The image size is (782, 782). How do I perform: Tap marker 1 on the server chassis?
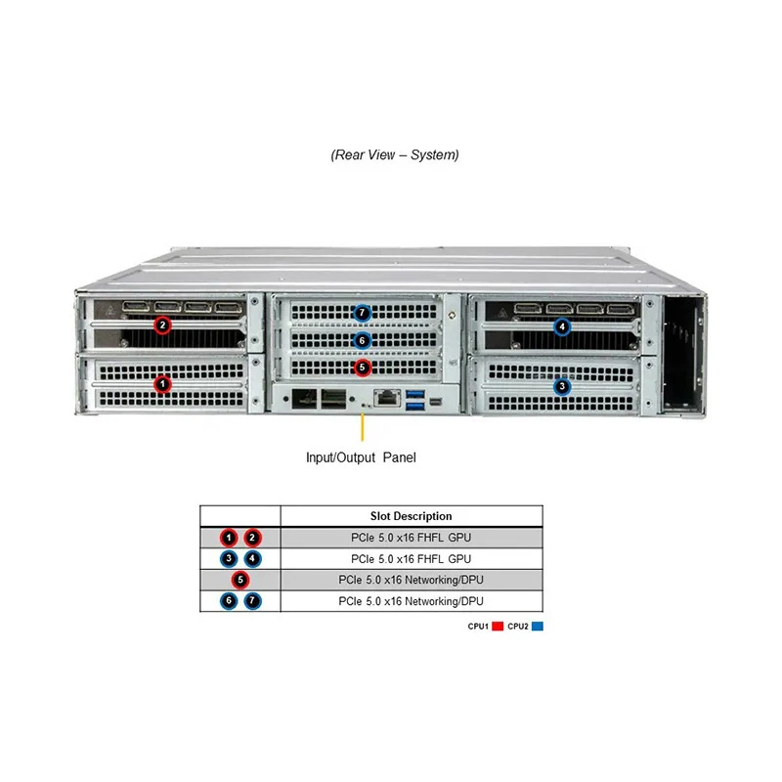click(x=163, y=385)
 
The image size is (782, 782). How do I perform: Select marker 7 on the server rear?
click(x=363, y=314)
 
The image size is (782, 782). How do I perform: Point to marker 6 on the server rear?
click(x=363, y=340)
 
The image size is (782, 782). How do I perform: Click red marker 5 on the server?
click(x=363, y=368)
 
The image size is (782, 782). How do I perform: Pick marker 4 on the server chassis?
click(x=562, y=326)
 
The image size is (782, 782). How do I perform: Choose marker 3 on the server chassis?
click(x=562, y=386)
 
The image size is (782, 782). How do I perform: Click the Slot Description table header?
click(x=411, y=516)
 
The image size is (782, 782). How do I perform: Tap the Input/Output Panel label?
click(x=361, y=457)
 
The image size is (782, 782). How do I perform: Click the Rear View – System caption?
click(x=395, y=154)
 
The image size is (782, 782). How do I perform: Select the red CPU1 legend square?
click(x=497, y=626)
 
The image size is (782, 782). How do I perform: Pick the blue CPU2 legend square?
click(x=538, y=626)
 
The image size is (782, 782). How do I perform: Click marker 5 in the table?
click(x=240, y=580)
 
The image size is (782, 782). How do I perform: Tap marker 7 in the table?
click(x=252, y=601)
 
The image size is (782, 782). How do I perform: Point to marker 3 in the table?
click(x=229, y=558)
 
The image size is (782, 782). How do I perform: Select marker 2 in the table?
click(x=252, y=537)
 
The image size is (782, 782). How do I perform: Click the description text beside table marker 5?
click(x=411, y=580)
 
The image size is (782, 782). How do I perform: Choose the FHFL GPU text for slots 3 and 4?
click(x=411, y=558)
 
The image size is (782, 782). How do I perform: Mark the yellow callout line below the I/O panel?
click(x=363, y=427)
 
